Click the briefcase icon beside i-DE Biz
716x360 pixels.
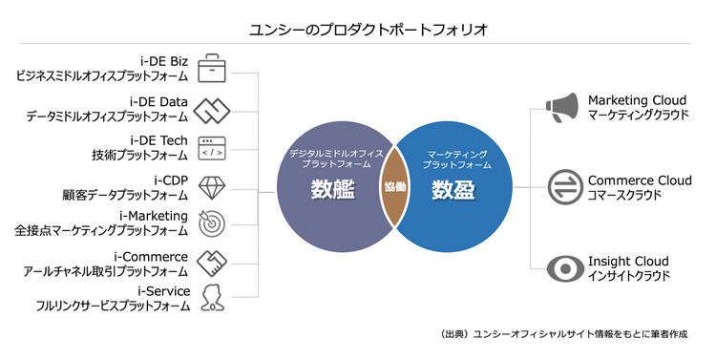[210, 69]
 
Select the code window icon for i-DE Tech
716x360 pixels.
[210, 147]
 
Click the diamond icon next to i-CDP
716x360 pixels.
[210, 184]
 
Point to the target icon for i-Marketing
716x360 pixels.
[210, 222]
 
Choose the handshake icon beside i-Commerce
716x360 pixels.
[210, 262]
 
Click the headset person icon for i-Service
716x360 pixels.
[210, 298]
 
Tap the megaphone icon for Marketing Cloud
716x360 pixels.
[560, 107]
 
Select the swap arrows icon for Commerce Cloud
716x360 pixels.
[560, 186]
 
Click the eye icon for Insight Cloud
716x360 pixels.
[560, 267]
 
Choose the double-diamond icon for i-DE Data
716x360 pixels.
[210, 109]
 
